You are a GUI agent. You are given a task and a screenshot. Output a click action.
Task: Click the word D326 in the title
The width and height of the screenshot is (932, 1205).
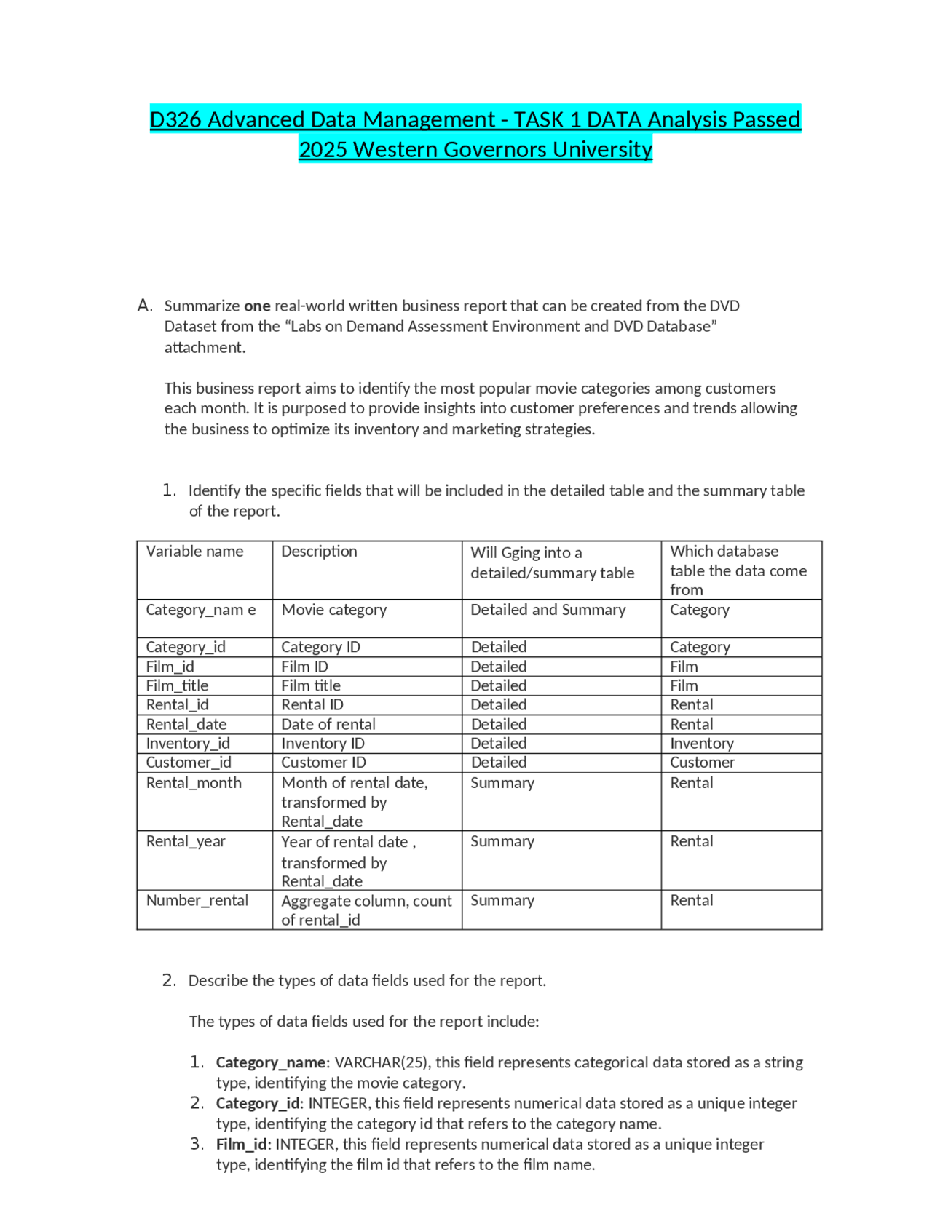tap(175, 119)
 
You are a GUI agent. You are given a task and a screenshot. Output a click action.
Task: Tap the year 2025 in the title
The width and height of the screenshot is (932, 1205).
tap(323, 149)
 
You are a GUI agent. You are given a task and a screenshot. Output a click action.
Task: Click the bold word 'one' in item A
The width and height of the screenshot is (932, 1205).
tap(257, 306)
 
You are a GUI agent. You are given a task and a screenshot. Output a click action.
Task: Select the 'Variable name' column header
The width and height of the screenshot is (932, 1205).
tap(194, 552)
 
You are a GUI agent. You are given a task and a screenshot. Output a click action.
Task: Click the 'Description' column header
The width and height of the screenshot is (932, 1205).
tap(319, 552)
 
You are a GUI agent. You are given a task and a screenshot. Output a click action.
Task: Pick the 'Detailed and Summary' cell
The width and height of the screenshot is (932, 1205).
tap(548, 610)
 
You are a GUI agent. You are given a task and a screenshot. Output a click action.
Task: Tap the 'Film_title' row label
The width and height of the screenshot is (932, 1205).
tap(177, 685)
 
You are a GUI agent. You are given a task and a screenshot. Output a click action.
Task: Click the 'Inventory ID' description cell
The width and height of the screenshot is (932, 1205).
tap(323, 743)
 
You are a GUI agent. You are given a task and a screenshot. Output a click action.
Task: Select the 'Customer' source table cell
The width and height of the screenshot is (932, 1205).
tap(702, 762)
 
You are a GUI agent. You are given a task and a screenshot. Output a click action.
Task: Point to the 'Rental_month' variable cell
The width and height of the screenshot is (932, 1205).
tap(194, 783)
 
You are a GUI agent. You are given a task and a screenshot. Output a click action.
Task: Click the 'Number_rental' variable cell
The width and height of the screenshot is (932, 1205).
tap(197, 900)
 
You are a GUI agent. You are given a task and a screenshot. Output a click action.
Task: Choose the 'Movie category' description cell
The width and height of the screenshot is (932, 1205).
tap(333, 610)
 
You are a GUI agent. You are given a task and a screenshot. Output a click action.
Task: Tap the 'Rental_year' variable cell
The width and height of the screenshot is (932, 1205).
tap(186, 841)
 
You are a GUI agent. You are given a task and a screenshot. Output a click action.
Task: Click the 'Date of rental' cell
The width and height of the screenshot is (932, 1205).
tap(328, 724)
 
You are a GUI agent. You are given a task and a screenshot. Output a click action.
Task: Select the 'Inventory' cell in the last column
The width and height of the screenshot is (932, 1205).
tap(701, 743)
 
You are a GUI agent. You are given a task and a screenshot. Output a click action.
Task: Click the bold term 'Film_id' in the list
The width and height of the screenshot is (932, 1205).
tap(242, 1144)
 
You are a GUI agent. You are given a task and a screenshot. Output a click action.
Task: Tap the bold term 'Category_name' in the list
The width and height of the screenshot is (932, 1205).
tap(270, 1062)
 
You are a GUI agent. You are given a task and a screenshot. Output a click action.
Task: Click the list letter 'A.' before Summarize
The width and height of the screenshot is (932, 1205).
tap(145, 306)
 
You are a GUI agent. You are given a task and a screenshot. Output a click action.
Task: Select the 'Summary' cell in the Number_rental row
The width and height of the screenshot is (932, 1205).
tap(502, 900)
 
